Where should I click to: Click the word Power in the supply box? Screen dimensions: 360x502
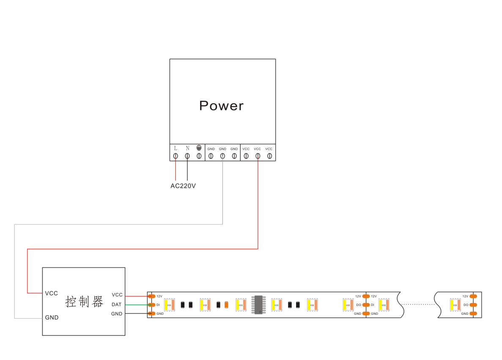point(221,105)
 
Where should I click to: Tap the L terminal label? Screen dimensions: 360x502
point(176,148)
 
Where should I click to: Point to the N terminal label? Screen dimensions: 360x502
point(187,148)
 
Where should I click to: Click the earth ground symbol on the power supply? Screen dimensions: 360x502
point(199,148)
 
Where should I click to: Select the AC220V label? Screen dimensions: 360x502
point(183,186)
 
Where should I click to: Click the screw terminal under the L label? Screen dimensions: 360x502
point(176,156)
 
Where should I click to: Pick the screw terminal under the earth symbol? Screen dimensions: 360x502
point(199,156)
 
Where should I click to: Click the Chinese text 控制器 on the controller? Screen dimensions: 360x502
point(84,302)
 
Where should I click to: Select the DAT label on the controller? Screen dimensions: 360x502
point(117,305)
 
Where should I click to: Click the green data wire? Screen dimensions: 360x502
point(136,305)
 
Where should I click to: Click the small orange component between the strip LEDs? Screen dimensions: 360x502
point(226,305)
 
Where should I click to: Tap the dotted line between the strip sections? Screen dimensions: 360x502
point(419,305)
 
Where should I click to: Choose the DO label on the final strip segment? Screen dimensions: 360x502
point(466,305)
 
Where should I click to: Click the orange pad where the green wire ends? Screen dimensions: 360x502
point(151,305)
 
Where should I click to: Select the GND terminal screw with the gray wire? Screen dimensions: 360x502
point(222,156)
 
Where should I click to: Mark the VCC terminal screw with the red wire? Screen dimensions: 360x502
point(258,156)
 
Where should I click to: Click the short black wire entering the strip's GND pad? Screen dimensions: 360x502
point(136,313)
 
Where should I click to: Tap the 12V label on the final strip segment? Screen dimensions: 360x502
point(465,296)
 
